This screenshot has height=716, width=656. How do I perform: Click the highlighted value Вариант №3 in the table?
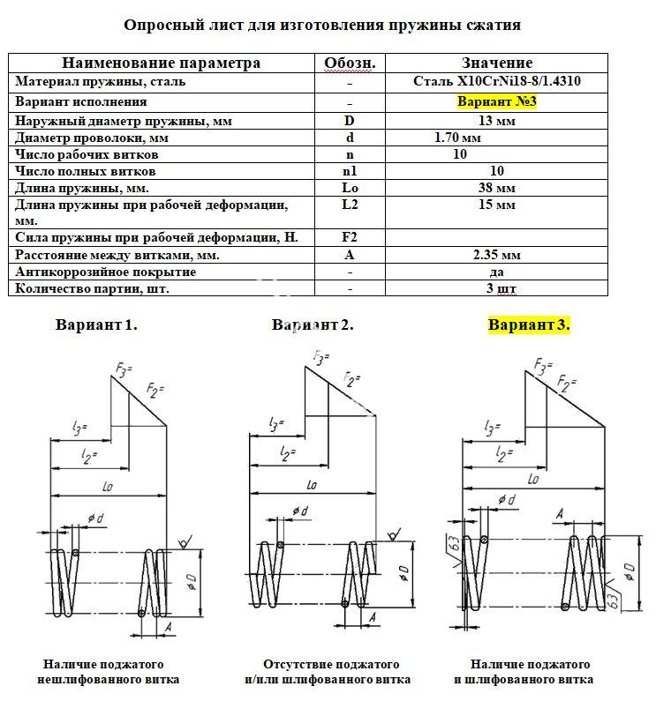coord(496,101)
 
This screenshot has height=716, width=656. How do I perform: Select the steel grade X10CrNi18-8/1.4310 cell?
coord(496,81)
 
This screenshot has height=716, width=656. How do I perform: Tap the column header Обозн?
coord(350,63)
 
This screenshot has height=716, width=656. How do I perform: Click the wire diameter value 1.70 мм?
coord(457,138)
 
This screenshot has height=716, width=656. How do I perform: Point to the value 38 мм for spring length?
coord(496,188)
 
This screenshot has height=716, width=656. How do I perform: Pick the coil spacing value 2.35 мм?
coord(496,255)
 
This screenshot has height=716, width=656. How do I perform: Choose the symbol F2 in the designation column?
coord(350,237)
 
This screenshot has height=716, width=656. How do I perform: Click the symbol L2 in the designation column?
coord(350,205)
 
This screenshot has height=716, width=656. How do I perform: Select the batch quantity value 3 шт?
coord(501,288)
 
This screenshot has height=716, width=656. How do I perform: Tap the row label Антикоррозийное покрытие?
coord(106,272)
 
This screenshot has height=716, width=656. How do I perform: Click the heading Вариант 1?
coord(96,324)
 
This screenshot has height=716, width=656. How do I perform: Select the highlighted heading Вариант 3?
coord(529,324)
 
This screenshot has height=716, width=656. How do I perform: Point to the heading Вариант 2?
coord(313,324)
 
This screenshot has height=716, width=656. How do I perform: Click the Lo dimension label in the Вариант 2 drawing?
coord(312,485)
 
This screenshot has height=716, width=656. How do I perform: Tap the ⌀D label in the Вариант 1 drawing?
coord(192,581)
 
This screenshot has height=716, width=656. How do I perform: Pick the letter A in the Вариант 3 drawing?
coord(561,514)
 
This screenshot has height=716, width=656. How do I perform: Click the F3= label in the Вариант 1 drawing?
coord(124,369)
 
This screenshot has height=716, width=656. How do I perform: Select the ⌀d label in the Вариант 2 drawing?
coord(300,511)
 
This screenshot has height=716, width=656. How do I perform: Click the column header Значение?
coord(497,63)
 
